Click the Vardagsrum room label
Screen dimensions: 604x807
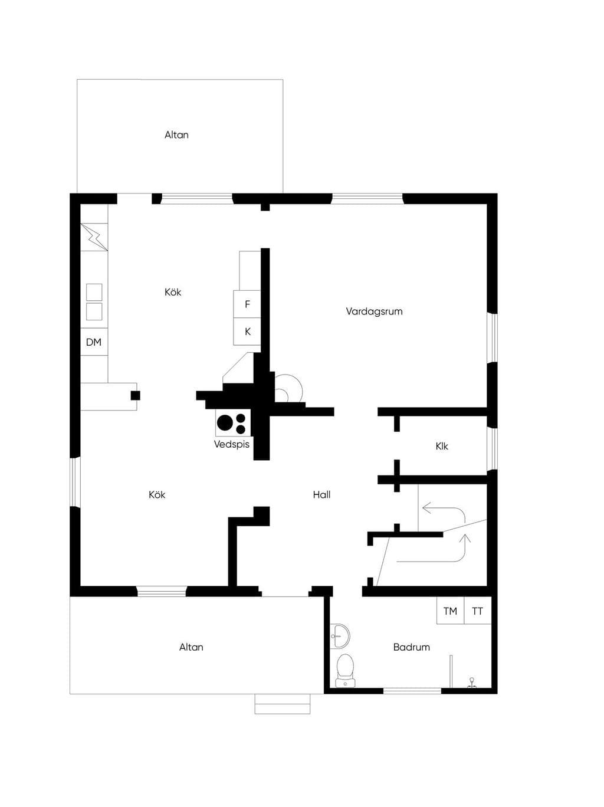point(374,312)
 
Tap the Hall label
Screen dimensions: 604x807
point(321,495)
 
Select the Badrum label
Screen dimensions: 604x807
point(411,647)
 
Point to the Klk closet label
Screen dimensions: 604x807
point(442,447)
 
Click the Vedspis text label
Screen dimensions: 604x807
point(232,444)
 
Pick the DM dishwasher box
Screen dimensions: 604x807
point(94,342)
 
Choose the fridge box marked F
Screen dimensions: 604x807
point(247,304)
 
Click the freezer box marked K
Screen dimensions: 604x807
point(247,332)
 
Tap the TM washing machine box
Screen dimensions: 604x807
point(450,611)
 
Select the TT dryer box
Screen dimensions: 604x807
point(478,611)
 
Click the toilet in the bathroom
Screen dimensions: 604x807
point(345,670)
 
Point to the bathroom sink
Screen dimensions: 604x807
point(340,636)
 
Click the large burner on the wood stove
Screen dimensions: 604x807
point(225,422)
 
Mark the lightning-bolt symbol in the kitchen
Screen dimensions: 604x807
point(94,237)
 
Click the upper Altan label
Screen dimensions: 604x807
point(176,135)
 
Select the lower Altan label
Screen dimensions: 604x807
point(191,647)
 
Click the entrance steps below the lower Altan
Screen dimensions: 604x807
point(283,704)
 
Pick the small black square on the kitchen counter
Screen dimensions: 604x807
point(135,396)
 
